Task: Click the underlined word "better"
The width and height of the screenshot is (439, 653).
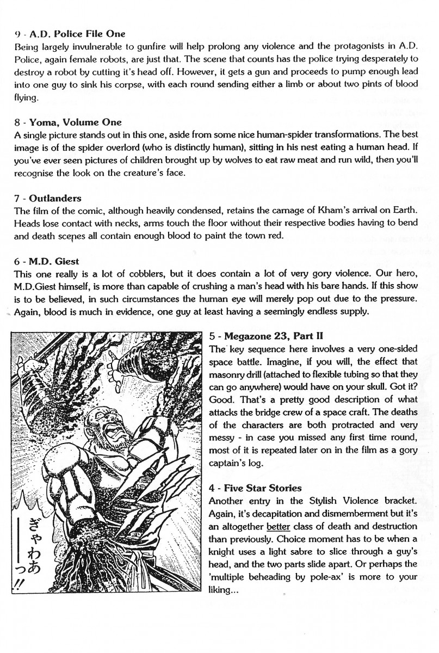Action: click(278, 526)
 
